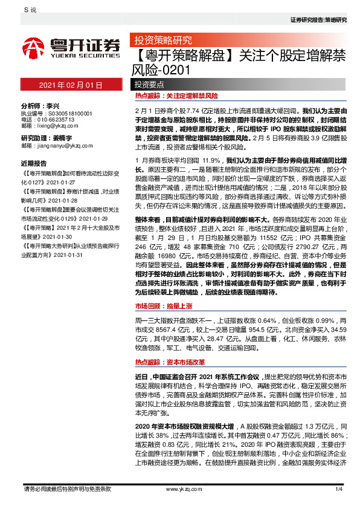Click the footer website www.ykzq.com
(181, 488)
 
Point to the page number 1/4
(338, 488)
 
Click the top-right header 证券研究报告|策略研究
(318, 20)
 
